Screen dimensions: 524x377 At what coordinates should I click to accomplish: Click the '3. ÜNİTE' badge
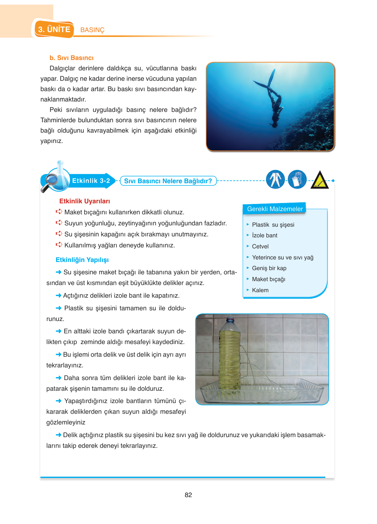(54, 30)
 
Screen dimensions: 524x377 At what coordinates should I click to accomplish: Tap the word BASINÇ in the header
(92, 30)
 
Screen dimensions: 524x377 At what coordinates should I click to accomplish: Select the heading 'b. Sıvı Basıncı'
(72, 58)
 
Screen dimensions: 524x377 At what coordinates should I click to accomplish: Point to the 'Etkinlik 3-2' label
(91, 181)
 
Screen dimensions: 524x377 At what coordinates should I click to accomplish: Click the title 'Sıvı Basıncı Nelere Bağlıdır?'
(168, 181)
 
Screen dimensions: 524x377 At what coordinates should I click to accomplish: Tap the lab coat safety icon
(275, 179)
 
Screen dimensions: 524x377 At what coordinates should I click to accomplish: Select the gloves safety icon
(297, 179)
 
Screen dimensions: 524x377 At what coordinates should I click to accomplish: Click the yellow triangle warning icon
(320, 181)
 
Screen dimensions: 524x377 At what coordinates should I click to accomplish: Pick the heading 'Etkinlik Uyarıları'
(85, 201)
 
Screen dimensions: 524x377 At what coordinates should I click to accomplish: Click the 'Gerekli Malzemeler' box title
(275, 209)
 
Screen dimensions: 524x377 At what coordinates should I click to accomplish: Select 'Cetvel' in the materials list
(260, 246)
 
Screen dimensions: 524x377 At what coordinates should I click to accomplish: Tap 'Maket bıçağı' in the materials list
(268, 279)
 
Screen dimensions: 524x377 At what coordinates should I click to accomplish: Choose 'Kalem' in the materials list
(260, 290)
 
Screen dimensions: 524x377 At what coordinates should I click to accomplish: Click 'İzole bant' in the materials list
(265, 235)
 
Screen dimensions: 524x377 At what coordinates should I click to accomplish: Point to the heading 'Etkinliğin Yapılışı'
(82, 260)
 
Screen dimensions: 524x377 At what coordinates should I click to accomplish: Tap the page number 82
(188, 495)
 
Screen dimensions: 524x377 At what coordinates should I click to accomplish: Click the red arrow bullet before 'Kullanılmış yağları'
(59, 245)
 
